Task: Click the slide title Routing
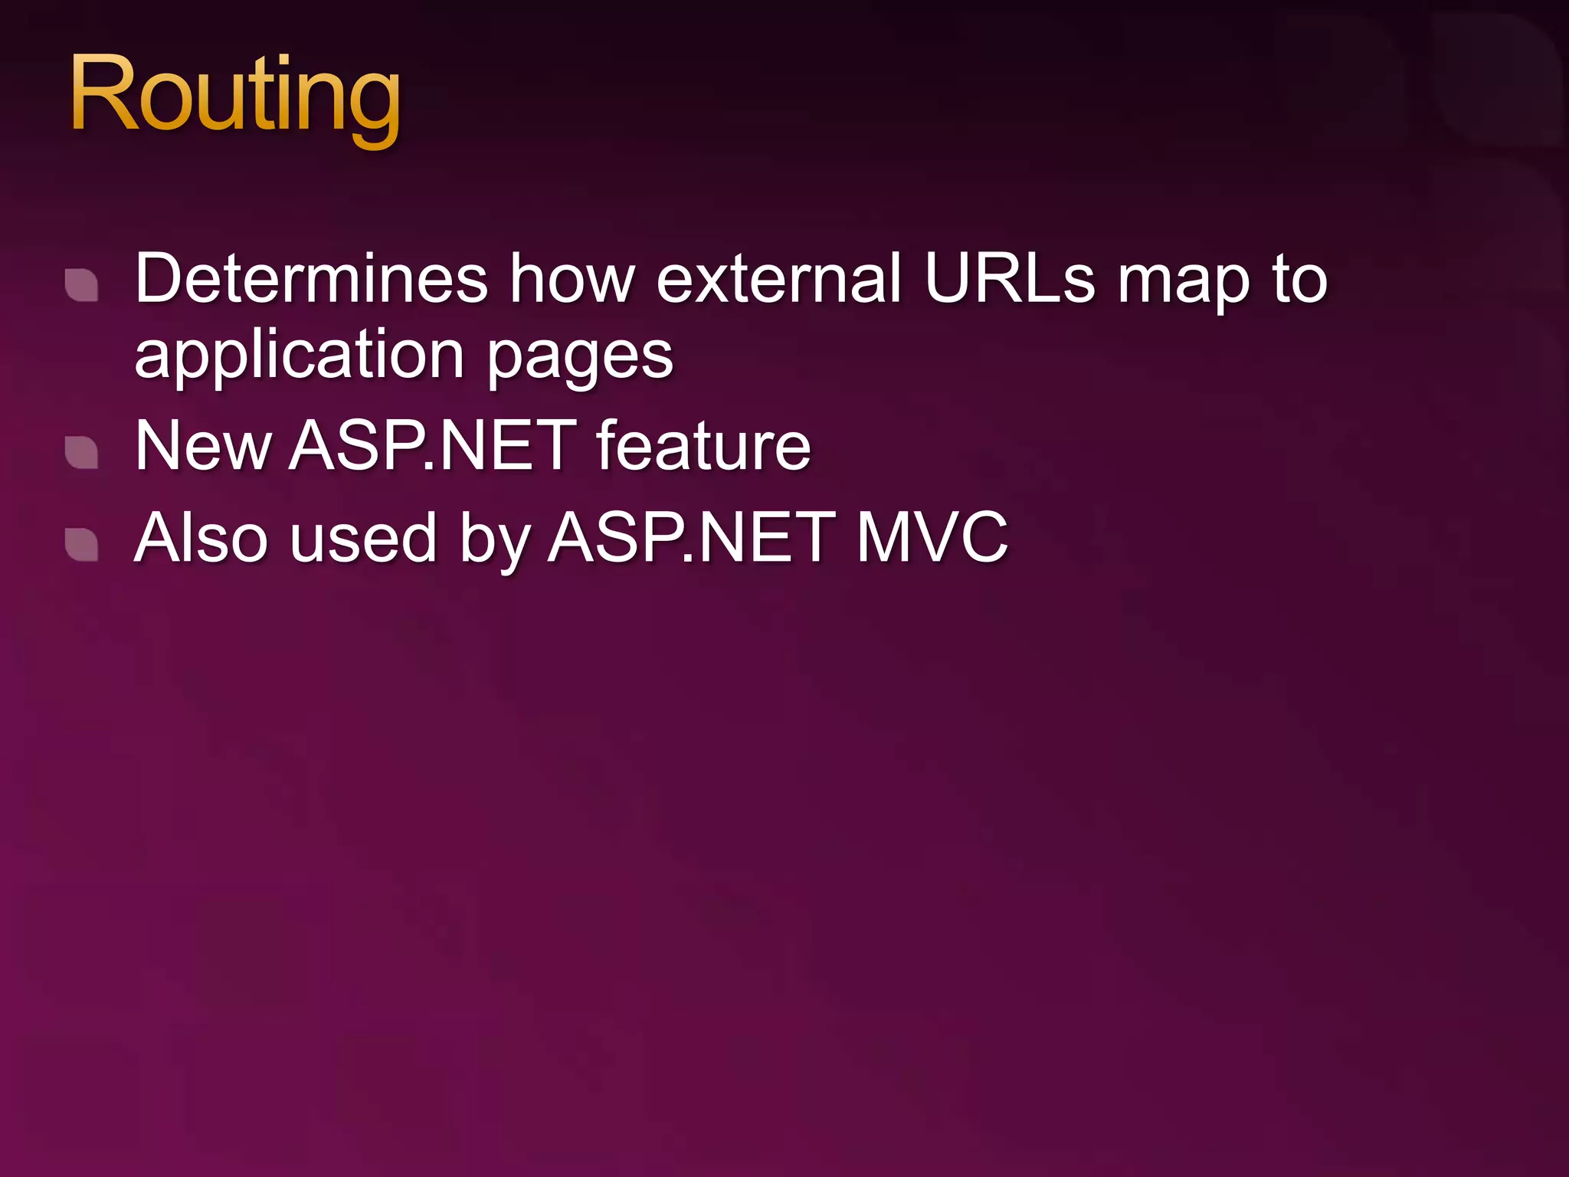(x=234, y=96)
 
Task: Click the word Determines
(x=311, y=278)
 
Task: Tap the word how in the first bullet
(x=572, y=278)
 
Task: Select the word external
(x=778, y=278)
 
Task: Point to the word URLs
(x=1010, y=278)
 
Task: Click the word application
(x=300, y=356)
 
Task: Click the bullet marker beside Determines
(x=81, y=285)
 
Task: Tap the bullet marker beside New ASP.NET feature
(x=81, y=452)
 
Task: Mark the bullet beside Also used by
(x=81, y=544)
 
